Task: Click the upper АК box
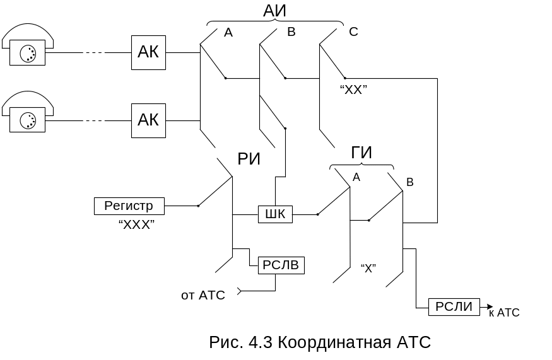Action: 148,52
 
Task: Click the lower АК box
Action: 148,120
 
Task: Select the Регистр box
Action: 129,206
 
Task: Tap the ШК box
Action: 275,214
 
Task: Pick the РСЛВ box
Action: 281,265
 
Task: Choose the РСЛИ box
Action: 454,307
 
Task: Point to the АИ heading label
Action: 275,10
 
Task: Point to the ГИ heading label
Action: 361,153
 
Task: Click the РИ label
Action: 249,160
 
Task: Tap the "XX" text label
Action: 353,90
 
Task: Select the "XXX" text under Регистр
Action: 136,224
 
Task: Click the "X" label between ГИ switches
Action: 368,269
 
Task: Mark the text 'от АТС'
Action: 203,295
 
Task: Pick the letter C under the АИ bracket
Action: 353,32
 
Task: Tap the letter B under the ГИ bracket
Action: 409,182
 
